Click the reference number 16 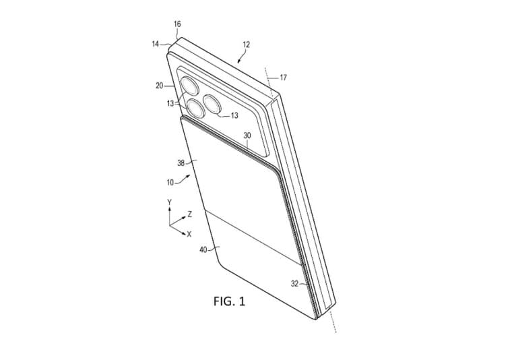click(177, 24)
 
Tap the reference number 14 click(156, 44)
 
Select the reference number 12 click(246, 44)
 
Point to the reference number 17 click(283, 78)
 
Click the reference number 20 click(160, 86)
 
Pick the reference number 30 click(247, 136)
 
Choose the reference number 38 click(181, 162)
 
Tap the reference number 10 click(170, 182)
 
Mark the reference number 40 click(203, 250)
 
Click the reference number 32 click(295, 284)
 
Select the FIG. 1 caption click(229, 301)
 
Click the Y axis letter click(170, 202)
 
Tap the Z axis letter click(190, 214)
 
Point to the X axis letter click(189, 234)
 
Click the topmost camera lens click(189, 85)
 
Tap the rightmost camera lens click(213, 104)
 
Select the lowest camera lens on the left click(195, 109)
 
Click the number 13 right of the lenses click(234, 115)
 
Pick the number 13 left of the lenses click(170, 104)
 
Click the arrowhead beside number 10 click(188, 177)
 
